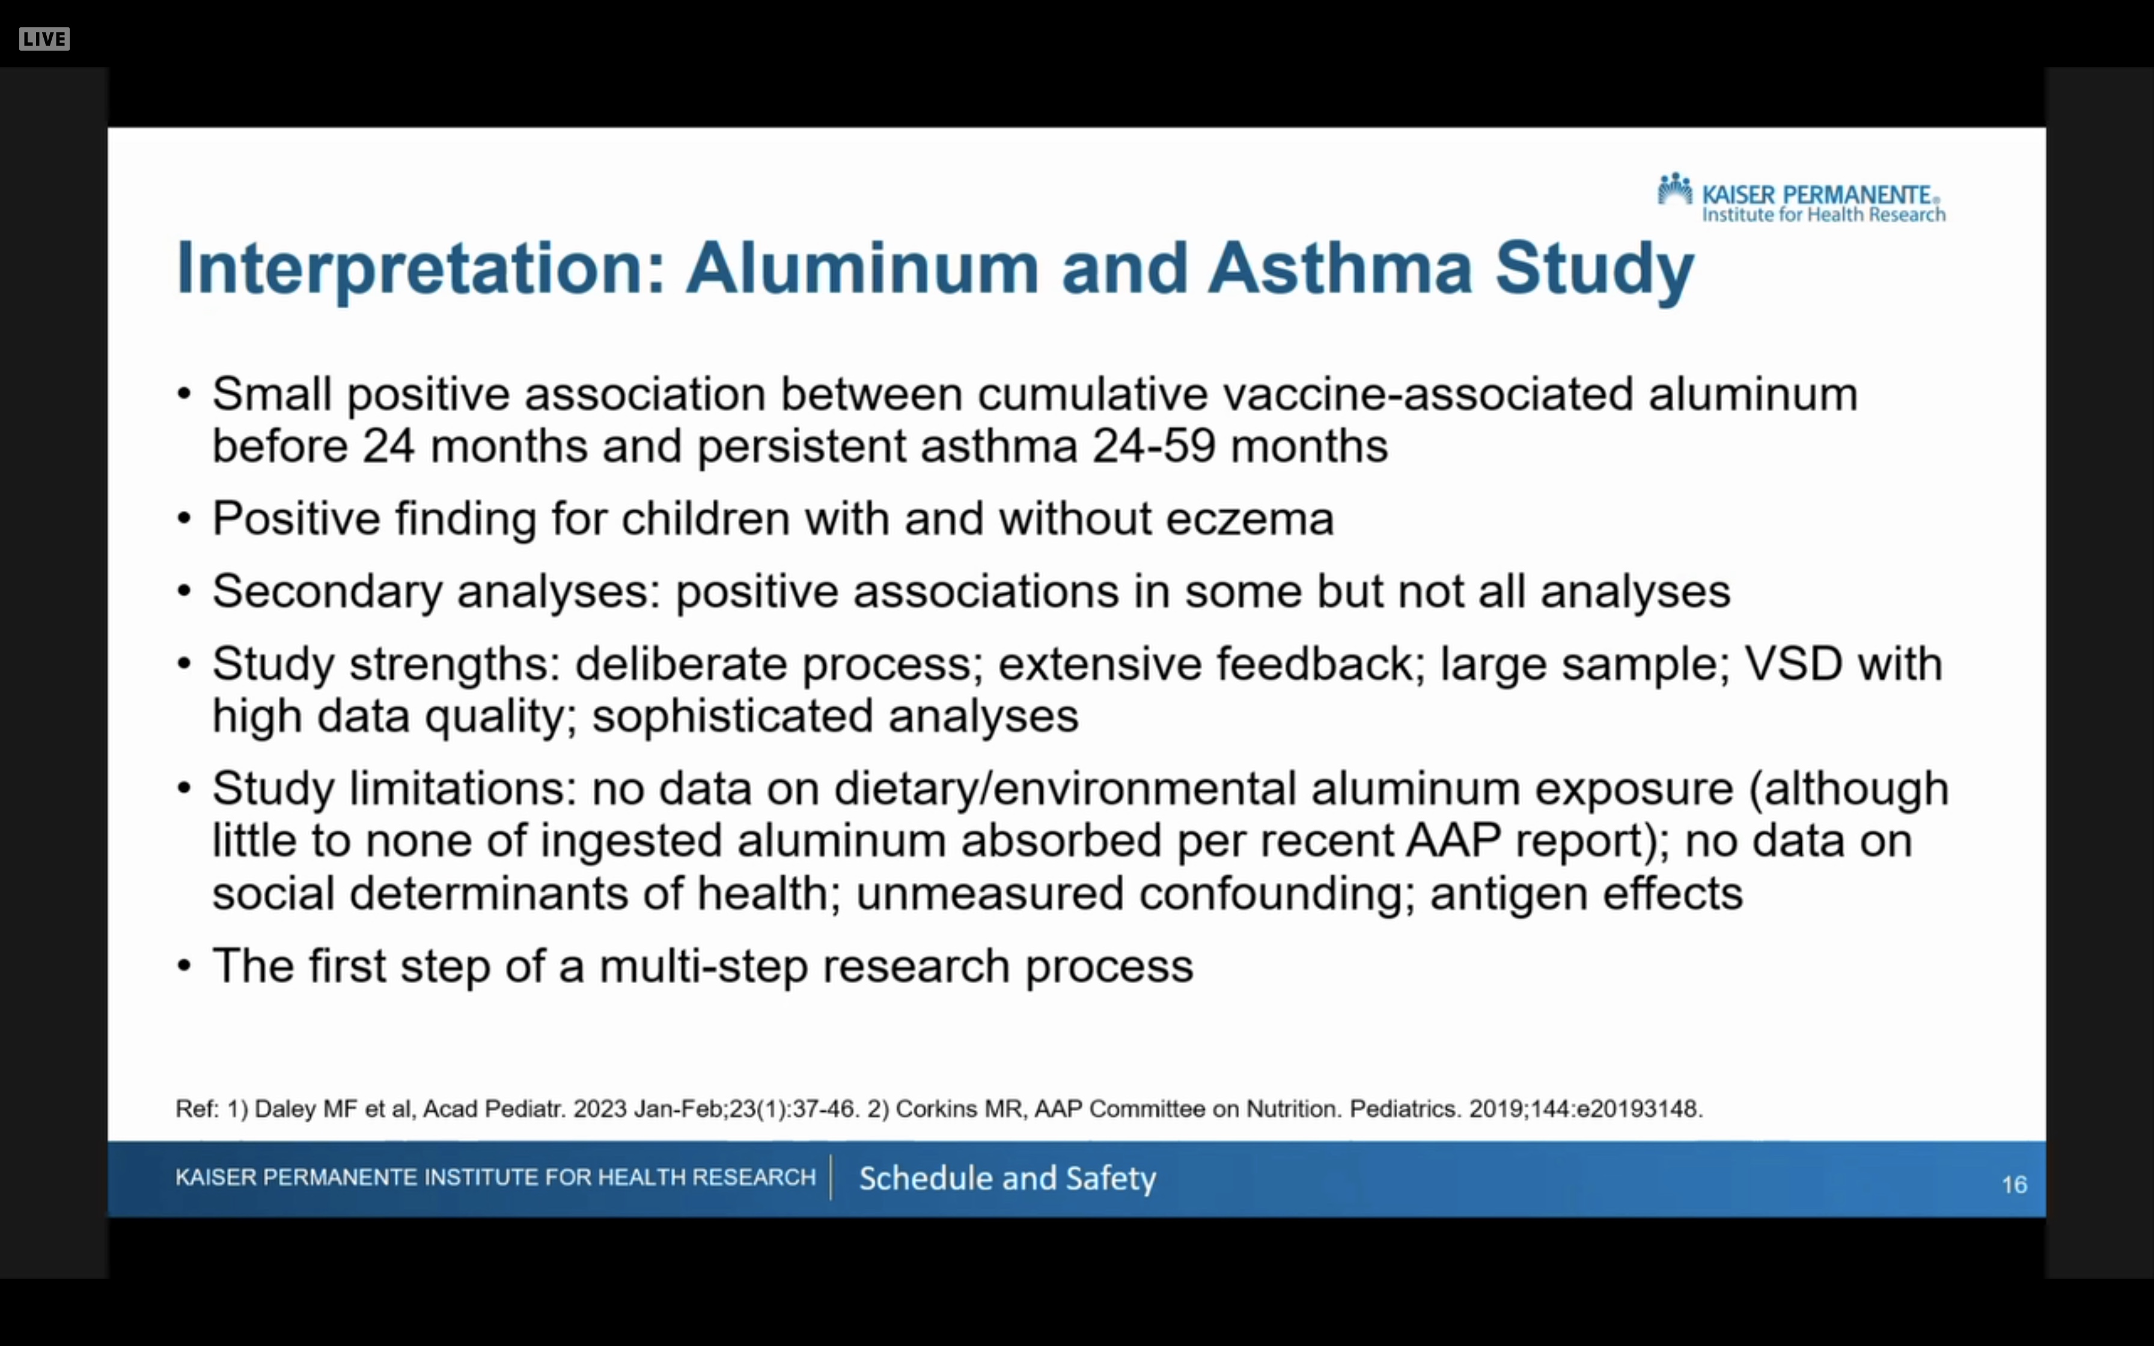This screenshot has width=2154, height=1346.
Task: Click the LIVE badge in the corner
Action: point(44,39)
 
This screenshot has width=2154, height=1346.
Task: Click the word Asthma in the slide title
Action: point(1340,268)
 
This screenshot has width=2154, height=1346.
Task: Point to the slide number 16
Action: point(2014,1184)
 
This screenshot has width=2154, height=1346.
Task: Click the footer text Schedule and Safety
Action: point(1007,1178)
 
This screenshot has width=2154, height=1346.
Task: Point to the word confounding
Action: point(1277,894)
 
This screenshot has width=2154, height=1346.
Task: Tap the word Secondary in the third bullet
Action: point(327,592)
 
